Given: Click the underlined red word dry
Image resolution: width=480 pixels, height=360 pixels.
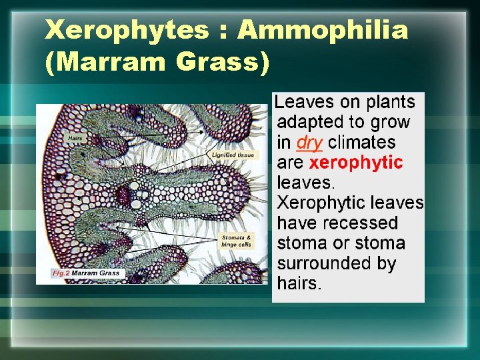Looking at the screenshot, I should tap(309, 143).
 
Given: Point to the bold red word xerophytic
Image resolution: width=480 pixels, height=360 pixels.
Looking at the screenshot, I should tap(357, 163).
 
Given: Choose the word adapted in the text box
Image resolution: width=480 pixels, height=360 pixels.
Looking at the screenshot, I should tap(308, 123).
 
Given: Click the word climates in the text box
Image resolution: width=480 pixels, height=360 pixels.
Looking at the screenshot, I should tap(361, 143).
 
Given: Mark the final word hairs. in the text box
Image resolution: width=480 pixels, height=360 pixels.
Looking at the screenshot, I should tap(299, 283).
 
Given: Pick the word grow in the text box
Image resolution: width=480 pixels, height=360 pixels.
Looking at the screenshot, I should tap(389, 123).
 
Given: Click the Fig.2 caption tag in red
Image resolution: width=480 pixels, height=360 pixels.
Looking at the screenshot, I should tap(61, 273).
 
